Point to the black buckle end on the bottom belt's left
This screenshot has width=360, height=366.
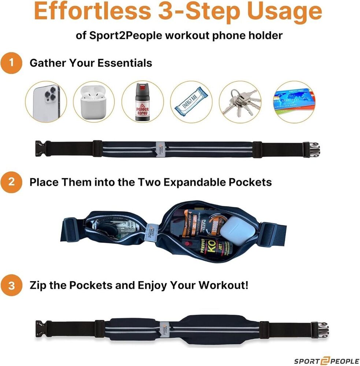[x=40, y=326]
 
